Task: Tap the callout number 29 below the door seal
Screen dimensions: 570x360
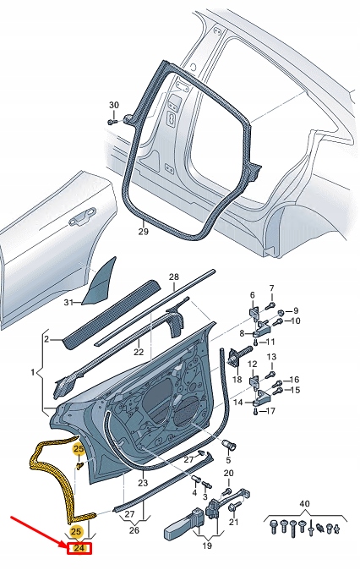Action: [x=143, y=231]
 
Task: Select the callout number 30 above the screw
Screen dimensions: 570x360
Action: [x=115, y=105]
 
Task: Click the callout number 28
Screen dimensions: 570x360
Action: [x=174, y=277]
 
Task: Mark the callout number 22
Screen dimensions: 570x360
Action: [x=139, y=352]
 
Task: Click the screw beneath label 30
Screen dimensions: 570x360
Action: [x=112, y=121]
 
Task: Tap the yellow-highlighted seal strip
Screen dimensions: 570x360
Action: [x=44, y=474]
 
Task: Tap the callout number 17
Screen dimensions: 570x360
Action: [x=270, y=412]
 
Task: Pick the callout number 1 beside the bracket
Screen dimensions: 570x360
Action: [x=33, y=371]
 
